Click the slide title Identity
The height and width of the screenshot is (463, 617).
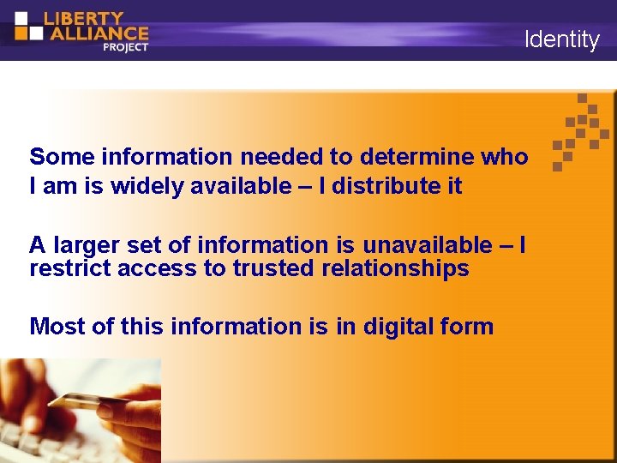pyautogui.click(x=561, y=39)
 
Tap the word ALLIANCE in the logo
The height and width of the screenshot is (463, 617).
pyautogui.click(x=96, y=33)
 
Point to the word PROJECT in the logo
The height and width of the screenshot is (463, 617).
pyautogui.click(x=125, y=47)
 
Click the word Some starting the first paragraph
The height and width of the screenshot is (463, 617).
pyautogui.click(x=62, y=157)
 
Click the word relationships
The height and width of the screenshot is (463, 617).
pyautogui.click(x=396, y=268)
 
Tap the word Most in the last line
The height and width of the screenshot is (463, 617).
pyautogui.click(x=55, y=326)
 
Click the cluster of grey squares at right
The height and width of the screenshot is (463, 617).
pyautogui.click(x=581, y=131)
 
